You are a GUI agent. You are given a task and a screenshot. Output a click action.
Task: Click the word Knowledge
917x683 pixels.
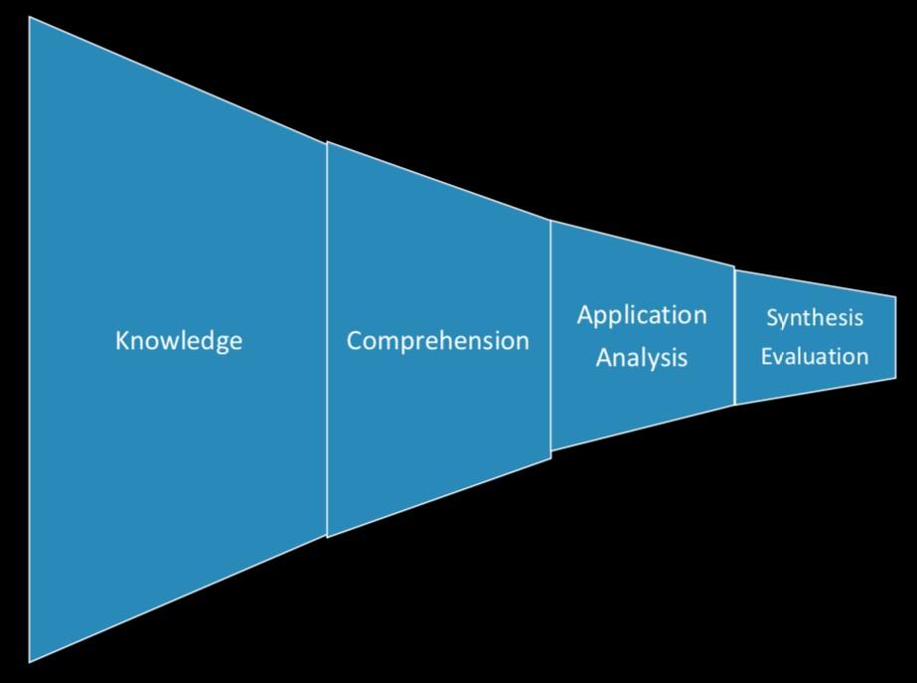tap(179, 341)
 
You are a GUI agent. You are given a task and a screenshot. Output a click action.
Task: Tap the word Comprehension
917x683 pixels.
tap(437, 341)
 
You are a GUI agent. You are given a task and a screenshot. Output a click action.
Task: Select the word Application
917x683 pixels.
tap(642, 316)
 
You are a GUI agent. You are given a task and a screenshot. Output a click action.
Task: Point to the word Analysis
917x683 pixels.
tap(642, 357)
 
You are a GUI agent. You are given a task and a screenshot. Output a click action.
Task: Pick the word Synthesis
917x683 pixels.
tap(815, 319)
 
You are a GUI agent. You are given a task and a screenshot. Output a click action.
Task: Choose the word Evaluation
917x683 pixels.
tap(815, 356)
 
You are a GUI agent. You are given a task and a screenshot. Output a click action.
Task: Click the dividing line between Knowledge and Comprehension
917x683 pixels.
tap(327, 338)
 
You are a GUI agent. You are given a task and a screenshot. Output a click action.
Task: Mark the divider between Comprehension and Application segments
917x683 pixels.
tap(550, 338)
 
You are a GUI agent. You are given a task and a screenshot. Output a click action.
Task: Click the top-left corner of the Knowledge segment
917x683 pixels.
tap(30, 19)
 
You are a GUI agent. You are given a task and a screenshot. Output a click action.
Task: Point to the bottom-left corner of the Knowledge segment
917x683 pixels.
tap(30, 661)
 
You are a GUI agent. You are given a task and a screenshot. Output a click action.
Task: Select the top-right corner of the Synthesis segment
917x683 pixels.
tap(895, 296)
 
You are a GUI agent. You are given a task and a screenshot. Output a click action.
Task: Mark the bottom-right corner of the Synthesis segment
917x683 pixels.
tap(895, 379)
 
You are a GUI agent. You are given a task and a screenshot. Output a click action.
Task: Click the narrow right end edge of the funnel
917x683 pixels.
tap(895, 338)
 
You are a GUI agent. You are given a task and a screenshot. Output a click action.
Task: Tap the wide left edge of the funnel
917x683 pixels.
tap(30, 338)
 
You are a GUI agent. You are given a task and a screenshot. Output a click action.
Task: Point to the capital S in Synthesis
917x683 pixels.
tap(771, 319)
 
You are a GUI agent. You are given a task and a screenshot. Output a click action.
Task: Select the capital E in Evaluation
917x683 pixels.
tap(767, 356)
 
